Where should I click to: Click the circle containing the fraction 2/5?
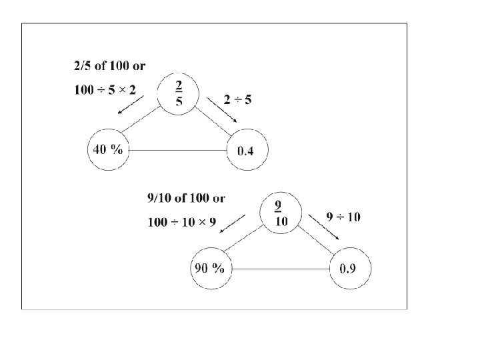coord(179,93)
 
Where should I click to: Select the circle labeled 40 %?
coord(108,150)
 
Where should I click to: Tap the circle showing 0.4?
coord(245,151)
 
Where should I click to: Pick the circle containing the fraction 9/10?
coord(281,211)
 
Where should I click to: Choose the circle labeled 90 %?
coord(209,269)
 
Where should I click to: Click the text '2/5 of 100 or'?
coord(109,66)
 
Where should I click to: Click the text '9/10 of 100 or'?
coord(185,198)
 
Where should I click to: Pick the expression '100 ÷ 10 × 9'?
coord(182,222)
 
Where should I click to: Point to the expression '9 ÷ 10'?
coord(343,217)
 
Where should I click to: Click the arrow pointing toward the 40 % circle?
coord(131,105)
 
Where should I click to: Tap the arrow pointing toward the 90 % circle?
coord(233,225)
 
